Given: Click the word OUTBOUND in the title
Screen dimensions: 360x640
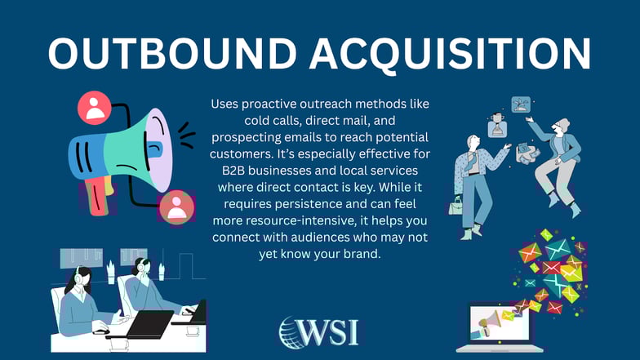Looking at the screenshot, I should (x=159, y=54).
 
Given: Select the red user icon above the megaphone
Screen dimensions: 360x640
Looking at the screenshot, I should (x=94, y=107).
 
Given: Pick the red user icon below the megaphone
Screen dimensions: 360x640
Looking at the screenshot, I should (x=176, y=207).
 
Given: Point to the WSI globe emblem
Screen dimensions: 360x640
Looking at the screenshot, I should (x=293, y=333).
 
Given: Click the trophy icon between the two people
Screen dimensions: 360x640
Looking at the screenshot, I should (x=521, y=104).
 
